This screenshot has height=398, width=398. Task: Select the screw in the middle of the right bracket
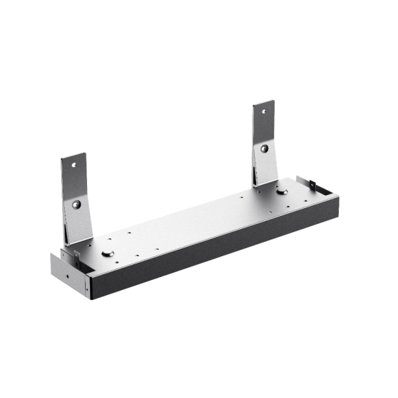click(266, 148)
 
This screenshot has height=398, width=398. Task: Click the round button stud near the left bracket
click(108, 253)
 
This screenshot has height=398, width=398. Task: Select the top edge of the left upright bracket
click(72, 155)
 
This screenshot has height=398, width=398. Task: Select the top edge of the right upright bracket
click(263, 102)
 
